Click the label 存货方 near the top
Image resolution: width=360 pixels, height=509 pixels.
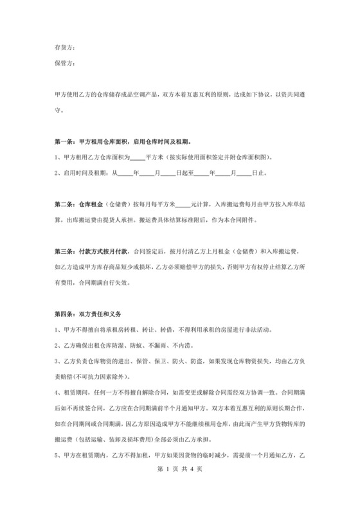pos(65,47)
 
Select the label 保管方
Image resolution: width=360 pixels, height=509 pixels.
pos(65,63)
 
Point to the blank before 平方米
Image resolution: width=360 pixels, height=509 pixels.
pos(138,157)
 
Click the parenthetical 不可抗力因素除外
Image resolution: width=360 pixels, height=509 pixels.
pos(101,377)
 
